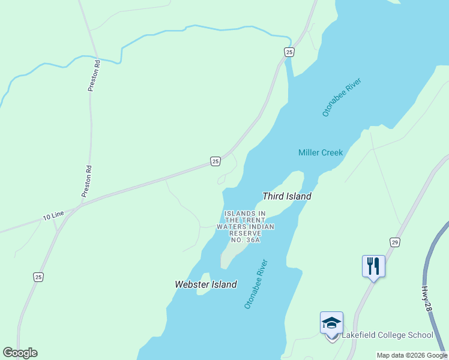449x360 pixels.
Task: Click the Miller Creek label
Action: coord(321,152)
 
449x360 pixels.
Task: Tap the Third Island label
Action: coord(287,196)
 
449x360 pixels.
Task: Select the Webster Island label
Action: coord(205,284)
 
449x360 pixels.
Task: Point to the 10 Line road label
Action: coord(53,215)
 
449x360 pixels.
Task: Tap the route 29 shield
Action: coord(394,242)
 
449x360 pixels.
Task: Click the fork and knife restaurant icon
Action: coord(373,265)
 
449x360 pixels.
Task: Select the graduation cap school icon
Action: coord(331,323)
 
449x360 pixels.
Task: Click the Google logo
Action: coord(20,353)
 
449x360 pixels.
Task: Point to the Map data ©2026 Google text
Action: coord(411,355)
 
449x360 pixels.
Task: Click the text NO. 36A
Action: coord(245,240)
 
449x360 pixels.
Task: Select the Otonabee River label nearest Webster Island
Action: coord(256,284)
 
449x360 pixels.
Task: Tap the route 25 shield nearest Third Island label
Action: coord(215,161)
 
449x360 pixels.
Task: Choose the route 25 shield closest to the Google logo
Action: coord(38,277)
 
